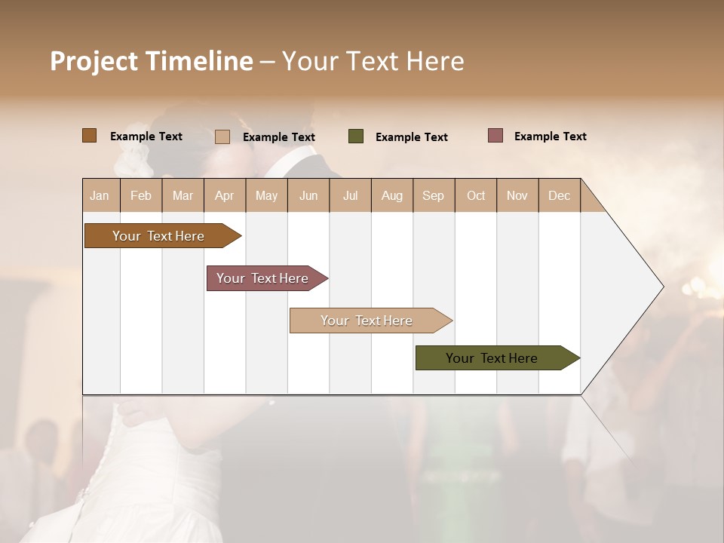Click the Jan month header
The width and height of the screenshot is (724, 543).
tap(100, 195)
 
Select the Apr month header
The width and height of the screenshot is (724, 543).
tap(225, 195)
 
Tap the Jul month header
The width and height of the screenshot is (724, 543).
tap(351, 195)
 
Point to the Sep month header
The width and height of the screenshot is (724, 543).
tap(434, 195)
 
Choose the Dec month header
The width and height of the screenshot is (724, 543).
tap(560, 195)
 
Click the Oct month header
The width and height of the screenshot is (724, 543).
tap(476, 195)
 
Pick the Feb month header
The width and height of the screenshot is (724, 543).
tap(141, 195)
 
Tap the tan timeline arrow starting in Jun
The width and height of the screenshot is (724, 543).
tap(367, 321)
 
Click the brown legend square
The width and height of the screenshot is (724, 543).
tap(89, 136)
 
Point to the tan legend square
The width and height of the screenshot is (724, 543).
tap(222, 137)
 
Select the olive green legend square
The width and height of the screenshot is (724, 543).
tap(356, 137)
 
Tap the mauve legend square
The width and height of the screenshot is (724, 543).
tap(495, 136)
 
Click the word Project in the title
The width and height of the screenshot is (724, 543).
tap(93, 61)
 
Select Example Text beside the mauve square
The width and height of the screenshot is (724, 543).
tap(550, 137)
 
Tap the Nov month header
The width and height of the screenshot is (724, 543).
tap(517, 195)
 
